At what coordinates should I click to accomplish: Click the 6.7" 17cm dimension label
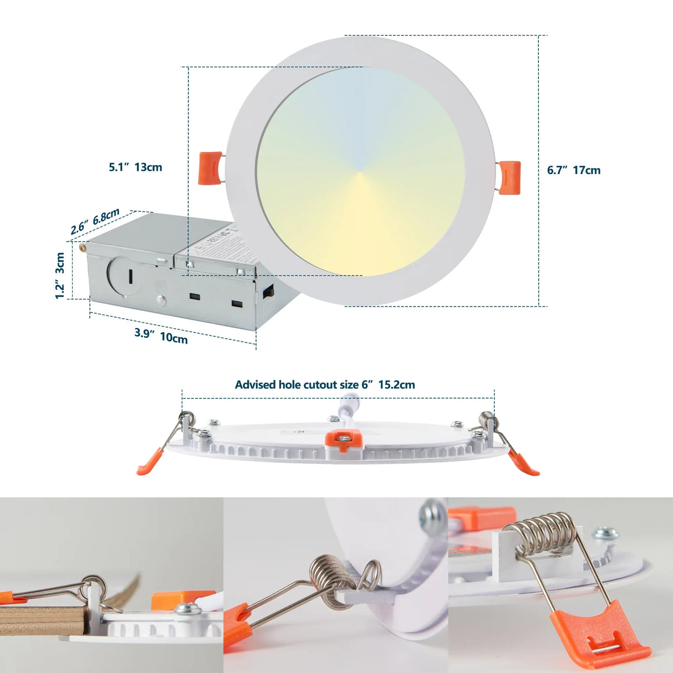click(573, 170)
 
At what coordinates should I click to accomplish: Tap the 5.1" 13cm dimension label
click(135, 167)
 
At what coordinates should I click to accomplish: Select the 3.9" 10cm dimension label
click(161, 335)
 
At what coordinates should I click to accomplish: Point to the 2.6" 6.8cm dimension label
click(95, 221)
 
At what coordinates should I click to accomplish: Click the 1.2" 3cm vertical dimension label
click(60, 276)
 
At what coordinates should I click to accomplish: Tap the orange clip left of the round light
click(211, 167)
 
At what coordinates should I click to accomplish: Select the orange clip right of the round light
click(509, 177)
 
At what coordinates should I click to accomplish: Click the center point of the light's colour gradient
click(360, 172)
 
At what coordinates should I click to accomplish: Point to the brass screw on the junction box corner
click(83, 248)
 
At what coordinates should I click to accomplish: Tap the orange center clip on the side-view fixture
click(344, 441)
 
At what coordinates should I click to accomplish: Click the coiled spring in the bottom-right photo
click(545, 533)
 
